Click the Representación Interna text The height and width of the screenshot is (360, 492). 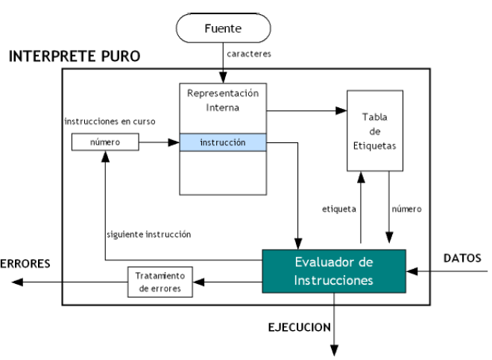point(224,101)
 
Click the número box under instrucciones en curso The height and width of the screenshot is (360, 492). point(104,141)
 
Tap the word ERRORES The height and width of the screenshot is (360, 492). point(25,263)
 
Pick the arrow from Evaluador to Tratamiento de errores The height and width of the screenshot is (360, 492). point(227,281)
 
